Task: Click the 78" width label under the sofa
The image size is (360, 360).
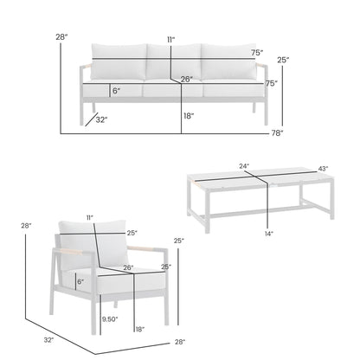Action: click(x=276, y=132)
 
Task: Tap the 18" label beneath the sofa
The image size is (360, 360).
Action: click(x=188, y=114)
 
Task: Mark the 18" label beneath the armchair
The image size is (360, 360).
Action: click(x=139, y=330)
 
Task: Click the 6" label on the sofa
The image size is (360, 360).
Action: click(x=116, y=89)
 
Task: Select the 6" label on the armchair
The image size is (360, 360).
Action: click(x=80, y=280)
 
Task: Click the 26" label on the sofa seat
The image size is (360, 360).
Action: click(x=186, y=80)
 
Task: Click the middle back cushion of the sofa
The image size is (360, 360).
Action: click(x=172, y=64)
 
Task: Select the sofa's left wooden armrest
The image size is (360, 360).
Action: click(x=87, y=84)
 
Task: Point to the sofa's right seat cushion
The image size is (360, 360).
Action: click(x=233, y=89)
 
